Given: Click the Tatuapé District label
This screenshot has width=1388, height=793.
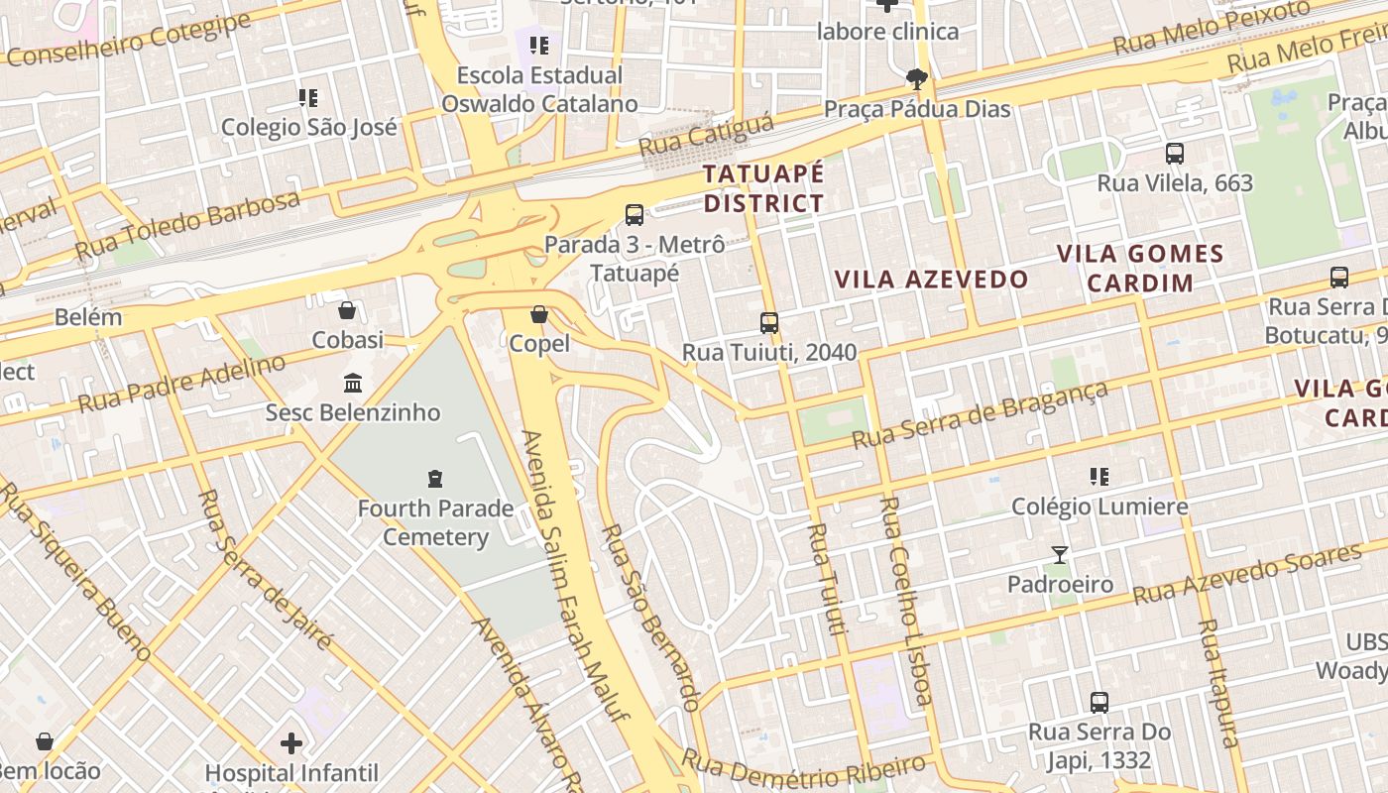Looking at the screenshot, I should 763,188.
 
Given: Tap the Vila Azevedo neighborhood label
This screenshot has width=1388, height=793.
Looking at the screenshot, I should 931,280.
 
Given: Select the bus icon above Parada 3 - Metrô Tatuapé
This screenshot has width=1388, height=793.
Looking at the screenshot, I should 635,214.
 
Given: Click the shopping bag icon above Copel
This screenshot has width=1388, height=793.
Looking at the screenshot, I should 539,314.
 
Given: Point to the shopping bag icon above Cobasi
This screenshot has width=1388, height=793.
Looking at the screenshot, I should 347,310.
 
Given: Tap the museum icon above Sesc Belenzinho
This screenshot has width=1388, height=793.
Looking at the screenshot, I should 352,383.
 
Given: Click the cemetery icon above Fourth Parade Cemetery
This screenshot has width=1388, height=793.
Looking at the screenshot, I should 434,479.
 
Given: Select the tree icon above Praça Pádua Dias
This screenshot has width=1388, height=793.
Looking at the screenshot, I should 917,78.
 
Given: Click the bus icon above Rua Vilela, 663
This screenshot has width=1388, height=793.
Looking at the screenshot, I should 1175,154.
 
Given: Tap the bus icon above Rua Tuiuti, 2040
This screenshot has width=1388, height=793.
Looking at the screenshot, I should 769,322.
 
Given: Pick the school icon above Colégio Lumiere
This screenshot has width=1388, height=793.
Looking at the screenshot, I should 1099,477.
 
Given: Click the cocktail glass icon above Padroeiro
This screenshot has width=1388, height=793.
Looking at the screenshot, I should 1060,555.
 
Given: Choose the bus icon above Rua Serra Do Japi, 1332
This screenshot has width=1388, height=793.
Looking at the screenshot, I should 1099,703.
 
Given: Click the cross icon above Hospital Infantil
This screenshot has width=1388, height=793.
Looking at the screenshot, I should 291,742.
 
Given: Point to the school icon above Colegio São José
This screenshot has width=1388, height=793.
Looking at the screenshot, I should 308,97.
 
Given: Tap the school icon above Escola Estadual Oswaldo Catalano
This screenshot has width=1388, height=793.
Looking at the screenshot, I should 539,45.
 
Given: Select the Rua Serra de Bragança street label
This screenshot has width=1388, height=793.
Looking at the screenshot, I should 981,415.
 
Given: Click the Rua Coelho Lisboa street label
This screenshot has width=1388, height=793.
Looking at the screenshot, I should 906,600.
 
